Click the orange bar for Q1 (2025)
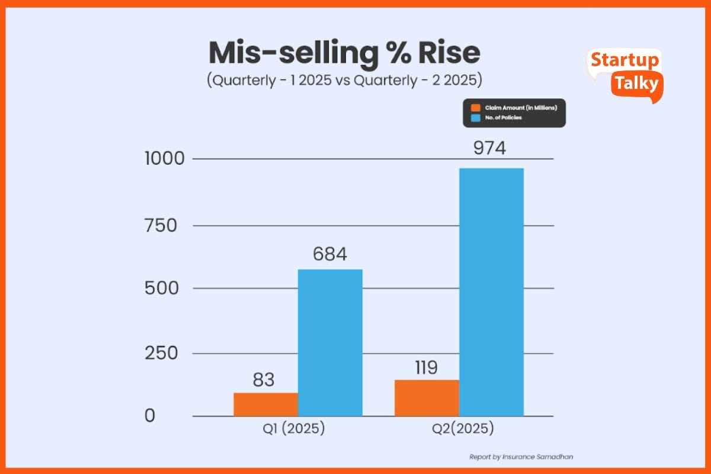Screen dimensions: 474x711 tap(265, 404)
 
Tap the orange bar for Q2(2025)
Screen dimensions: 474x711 tap(427, 398)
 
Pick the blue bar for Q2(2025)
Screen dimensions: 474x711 tap(491, 292)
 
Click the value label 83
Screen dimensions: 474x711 tap(263, 379)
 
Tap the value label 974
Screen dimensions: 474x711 tap(489, 148)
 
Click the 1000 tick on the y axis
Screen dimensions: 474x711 tap(165, 159)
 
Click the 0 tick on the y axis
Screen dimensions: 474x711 tap(150, 415)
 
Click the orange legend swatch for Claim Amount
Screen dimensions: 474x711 tap(475, 108)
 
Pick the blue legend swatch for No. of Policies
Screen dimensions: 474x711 tap(475, 118)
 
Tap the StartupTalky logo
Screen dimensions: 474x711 tap(625, 74)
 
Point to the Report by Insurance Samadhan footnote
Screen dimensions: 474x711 tap(521, 457)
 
